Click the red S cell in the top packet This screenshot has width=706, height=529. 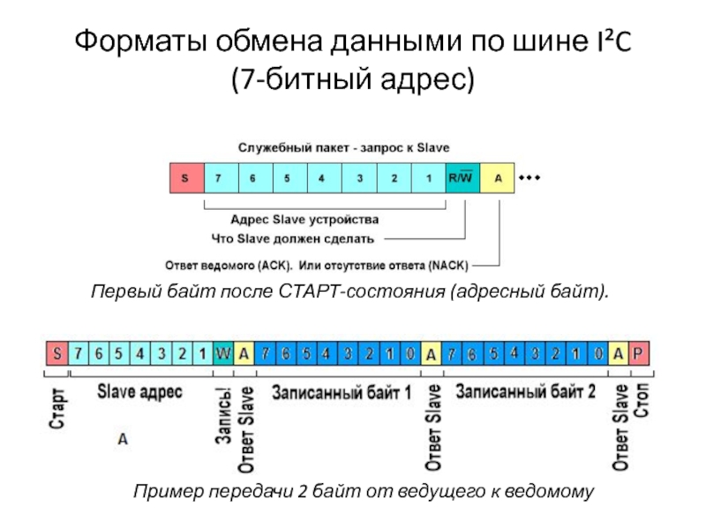pyautogui.click(x=185, y=179)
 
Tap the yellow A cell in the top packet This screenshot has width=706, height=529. pyautogui.click(x=498, y=179)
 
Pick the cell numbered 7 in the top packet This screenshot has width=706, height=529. pyautogui.click(x=219, y=179)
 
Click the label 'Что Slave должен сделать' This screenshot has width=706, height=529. pyautogui.click(x=293, y=238)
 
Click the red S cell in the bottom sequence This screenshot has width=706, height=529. pyautogui.click(x=57, y=354)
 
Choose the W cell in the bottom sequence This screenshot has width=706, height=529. pyautogui.click(x=223, y=354)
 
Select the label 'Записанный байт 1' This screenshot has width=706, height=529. pyautogui.click(x=341, y=391)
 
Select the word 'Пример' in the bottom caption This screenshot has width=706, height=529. pyautogui.click(x=161, y=491)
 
